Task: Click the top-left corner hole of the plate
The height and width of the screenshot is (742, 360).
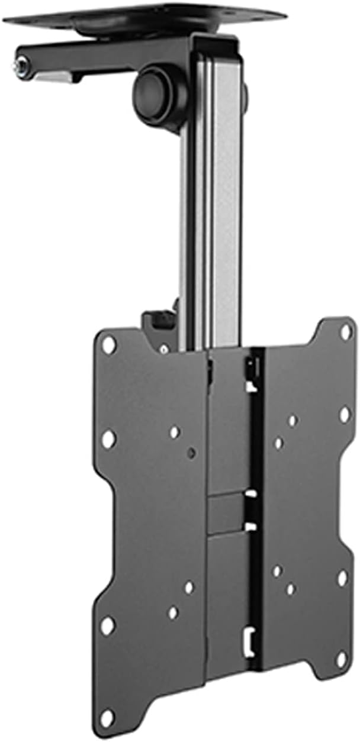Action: tap(108, 344)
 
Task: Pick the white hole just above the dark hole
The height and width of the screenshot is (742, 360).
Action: tap(175, 432)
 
